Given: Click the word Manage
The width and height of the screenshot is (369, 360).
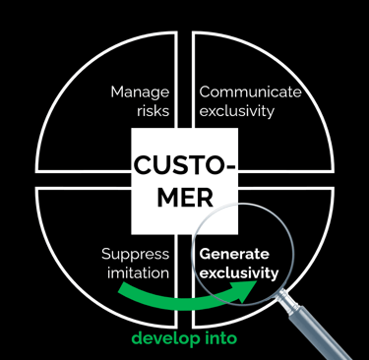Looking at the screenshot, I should tap(141, 91).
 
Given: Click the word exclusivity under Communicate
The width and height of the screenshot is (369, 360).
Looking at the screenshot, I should tap(236, 110).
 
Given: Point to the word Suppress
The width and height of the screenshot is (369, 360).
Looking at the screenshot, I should tap(136, 254).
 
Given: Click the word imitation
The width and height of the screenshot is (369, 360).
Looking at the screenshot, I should tap(136, 272).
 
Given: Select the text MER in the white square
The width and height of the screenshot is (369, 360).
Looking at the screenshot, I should tap(184, 196).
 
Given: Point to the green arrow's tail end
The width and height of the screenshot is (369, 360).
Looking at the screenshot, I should tap(120, 288).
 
